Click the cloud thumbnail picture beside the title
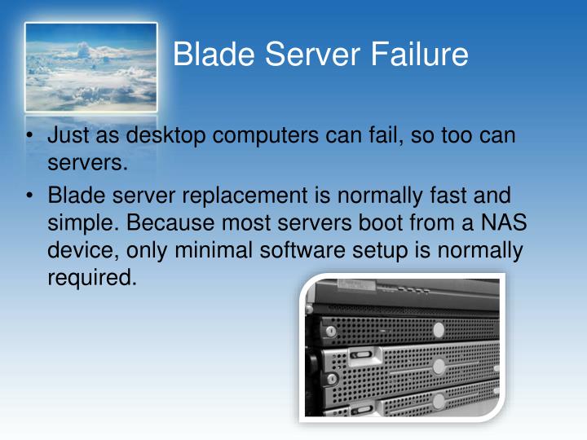click(x=90, y=67)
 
